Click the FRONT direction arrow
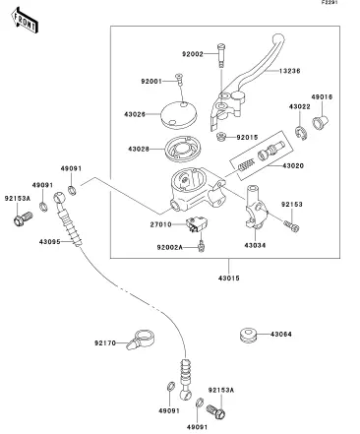pyautogui.click(x=25, y=21)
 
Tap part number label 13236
pyautogui.click(x=289, y=71)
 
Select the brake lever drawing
pyautogui.click(x=245, y=82)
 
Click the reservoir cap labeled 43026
pyautogui.click(x=179, y=114)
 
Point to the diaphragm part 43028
pyautogui.click(x=183, y=150)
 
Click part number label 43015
pyautogui.click(x=229, y=279)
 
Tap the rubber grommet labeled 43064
pyautogui.click(x=248, y=335)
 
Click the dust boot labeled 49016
pyautogui.click(x=320, y=122)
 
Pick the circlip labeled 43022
pyautogui.click(x=302, y=133)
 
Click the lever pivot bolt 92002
pyautogui.click(x=220, y=55)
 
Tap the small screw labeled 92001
pyautogui.click(x=179, y=80)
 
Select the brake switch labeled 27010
pyautogui.click(x=197, y=224)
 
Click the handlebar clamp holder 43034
pyautogui.click(x=256, y=207)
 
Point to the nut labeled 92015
pyautogui.click(x=222, y=137)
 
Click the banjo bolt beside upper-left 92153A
pyautogui.click(x=23, y=218)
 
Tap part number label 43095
pyautogui.click(x=49, y=242)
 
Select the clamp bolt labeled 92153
pyautogui.click(x=291, y=226)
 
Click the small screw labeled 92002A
pyautogui.click(x=201, y=246)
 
